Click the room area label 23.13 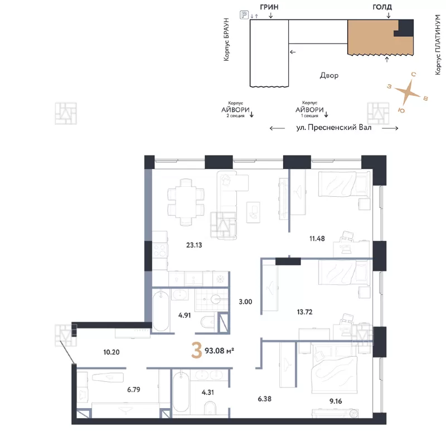point(194,245)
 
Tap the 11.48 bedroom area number point(317,239)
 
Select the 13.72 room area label point(304,312)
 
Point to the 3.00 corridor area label point(245,302)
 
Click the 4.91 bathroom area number point(185,315)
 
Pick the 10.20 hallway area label point(111,352)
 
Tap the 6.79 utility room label point(133,389)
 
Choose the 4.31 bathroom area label point(207,392)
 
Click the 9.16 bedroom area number point(336,401)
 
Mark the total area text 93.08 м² point(219,351)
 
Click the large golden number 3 point(197,350)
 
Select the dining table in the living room point(186,202)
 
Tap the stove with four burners point(159,250)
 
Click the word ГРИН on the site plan point(269,7)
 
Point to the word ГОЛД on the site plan point(382,7)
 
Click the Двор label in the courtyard point(329,75)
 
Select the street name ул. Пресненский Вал point(334,127)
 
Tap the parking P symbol point(244,14)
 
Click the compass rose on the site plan point(408,91)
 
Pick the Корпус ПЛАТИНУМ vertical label point(438,45)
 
